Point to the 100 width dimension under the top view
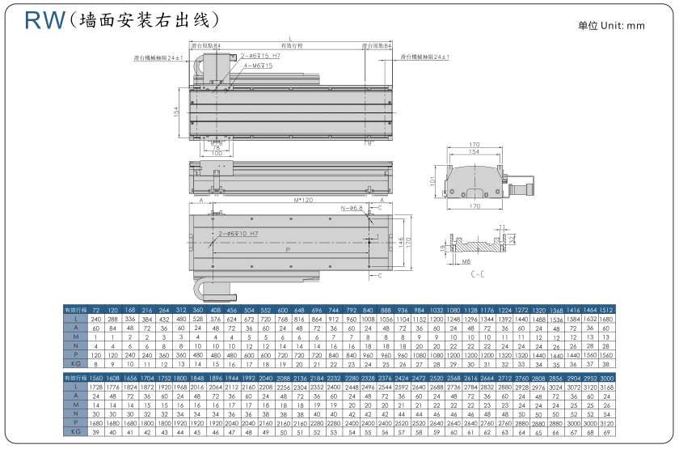(x=216, y=153)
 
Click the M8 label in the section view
(x=467, y=262)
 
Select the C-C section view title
(x=479, y=274)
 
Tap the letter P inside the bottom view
(x=287, y=250)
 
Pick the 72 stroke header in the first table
(x=96, y=310)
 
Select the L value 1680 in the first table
(x=605, y=320)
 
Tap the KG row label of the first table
(x=75, y=364)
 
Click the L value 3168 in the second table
(x=605, y=388)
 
